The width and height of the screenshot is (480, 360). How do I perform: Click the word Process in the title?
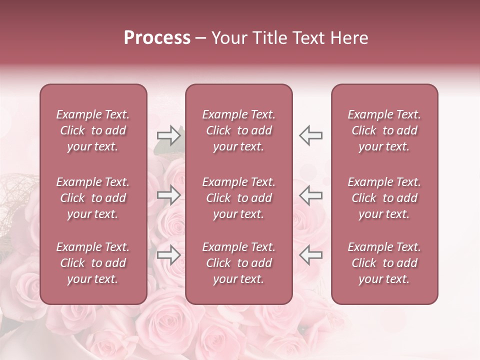coord(157,38)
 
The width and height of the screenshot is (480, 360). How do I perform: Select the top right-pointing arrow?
coord(168,135)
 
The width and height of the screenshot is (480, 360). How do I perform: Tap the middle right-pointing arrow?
coord(168,195)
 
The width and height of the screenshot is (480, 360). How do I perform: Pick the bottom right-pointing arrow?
coord(168,255)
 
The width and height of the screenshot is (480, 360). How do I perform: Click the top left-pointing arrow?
coord(310,135)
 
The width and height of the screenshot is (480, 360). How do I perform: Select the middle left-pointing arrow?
coord(310,195)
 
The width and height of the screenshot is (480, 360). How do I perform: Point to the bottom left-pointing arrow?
coord(310,255)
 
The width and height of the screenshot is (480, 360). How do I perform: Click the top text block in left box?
coord(93,130)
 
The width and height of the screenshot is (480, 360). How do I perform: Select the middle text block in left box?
coord(93,198)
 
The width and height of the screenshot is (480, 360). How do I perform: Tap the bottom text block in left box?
coord(93,263)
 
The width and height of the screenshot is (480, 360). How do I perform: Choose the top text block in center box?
coord(239,130)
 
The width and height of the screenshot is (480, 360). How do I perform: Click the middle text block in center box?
coord(239,198)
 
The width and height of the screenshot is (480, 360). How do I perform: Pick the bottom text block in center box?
coord(239,263)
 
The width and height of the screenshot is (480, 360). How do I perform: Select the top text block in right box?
coord(384,130)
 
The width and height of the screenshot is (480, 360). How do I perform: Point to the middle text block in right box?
coord(384,198)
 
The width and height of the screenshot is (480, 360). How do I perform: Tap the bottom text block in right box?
coord(384,263)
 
